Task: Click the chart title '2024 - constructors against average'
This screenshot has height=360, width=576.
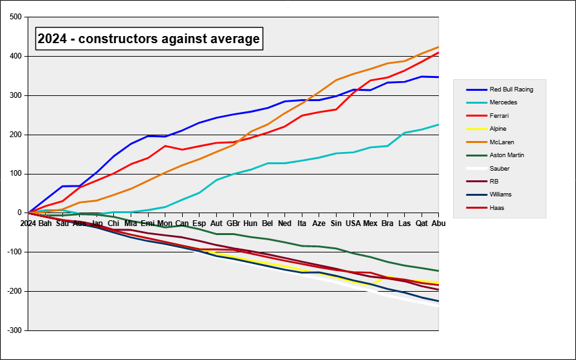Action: [x=149, y=39]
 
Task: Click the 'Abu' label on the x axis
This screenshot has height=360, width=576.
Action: [x=438, y=223]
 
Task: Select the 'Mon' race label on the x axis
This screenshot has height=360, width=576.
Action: [x=165, y=223]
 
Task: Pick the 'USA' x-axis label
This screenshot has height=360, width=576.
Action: [x=353, y=223]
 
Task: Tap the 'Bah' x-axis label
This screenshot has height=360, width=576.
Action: [x=45, y=223]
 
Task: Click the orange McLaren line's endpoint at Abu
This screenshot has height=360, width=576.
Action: [x=438, y=47]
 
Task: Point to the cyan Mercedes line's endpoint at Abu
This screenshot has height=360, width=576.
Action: [x=438, y=124]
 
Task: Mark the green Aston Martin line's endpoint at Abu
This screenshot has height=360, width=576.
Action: [x=438, y=271]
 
